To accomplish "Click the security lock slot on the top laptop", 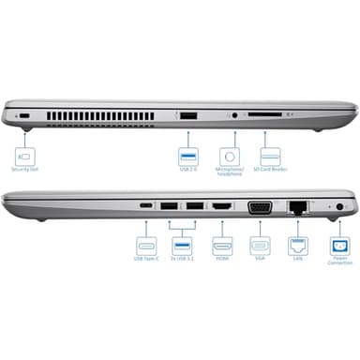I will (24, 114).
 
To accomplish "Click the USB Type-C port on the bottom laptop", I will (146, 205).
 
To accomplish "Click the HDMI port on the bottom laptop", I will (221, 205).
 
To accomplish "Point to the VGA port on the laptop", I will (260, 206).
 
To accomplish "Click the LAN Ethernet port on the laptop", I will (298, 206).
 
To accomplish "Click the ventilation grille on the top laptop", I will (103, 114).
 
